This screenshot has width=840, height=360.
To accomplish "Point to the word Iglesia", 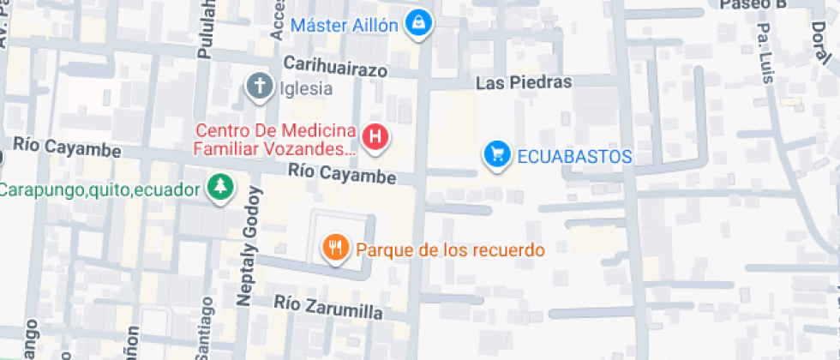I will click(x=304, y=87).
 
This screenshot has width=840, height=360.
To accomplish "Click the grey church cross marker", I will click(x=260, y=86).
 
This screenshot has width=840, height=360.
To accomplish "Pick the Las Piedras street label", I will click(x=524, y=83).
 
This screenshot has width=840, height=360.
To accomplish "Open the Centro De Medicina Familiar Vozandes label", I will click(x=275, y=141).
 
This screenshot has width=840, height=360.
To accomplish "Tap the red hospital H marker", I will click(x=375, y=136).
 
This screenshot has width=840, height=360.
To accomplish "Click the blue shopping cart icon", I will click(x=495, y=154).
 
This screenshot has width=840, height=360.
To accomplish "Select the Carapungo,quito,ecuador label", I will click(x=99, y=189).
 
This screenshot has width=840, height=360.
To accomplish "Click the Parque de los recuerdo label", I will click(x=450, y=250).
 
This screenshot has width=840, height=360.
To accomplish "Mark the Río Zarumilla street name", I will click(x=328, y=307).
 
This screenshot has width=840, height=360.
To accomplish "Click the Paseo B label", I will click(x=753, y=5).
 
